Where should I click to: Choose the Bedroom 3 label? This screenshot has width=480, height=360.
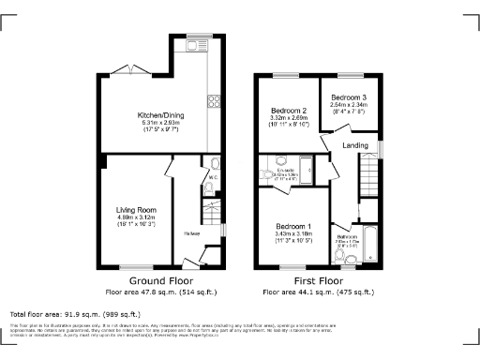coord(349,97)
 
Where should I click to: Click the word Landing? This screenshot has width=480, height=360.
coord(354,144)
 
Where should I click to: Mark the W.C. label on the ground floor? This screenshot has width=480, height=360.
coord(213,176)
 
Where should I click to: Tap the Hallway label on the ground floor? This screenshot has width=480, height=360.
coord(191,233)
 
